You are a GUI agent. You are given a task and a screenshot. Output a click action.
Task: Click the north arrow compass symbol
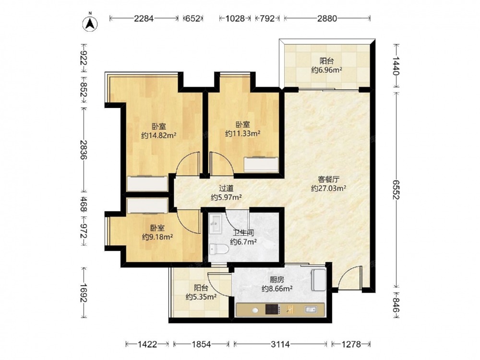pyautogui.click(x=90, y=23)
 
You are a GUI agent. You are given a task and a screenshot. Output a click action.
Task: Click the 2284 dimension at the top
pyautogui.click(x=144, y=19)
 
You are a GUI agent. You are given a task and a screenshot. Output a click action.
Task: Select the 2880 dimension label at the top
pyautogui.click(x=327, y=19)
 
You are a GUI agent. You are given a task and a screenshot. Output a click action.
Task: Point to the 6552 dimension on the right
pyautogui.click(x=396, y=190)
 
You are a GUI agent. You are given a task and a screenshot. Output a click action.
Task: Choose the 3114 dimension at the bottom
pyautogui.click(x=280, y=344)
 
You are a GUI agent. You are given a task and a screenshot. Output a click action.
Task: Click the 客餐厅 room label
pyautogui.click(x=328, y=179)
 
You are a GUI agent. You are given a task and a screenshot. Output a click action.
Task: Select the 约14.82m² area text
pyautogui.click(x=158, y=135)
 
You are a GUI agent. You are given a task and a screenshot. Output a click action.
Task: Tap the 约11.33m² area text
pyautogui.click(x=243, y=133)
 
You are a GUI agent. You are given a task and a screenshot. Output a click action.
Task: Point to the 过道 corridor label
pyautogui.click(x=226, y=189)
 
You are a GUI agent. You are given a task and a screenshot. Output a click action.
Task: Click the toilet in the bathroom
pyautogui.click(x=219, y=250)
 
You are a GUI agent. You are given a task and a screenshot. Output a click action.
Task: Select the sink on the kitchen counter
pyautogui.click(x=311, y=310)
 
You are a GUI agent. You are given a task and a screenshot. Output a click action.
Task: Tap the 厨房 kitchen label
pyautogui.click(x=277, y=279)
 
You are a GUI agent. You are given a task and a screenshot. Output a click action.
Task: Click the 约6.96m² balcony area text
pyautogui.click(x=326, y=70)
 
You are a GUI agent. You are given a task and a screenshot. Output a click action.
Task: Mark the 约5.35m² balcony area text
pyautogui.click(x=201, y=297)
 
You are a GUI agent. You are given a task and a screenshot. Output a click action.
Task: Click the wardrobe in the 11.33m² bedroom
pyautogui.click(x=261, y=164)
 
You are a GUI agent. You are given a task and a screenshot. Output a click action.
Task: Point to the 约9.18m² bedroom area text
pyautogui.click(x=157, y=237)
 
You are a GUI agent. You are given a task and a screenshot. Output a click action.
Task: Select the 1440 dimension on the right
pyautogui.click(x=396, y=66)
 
